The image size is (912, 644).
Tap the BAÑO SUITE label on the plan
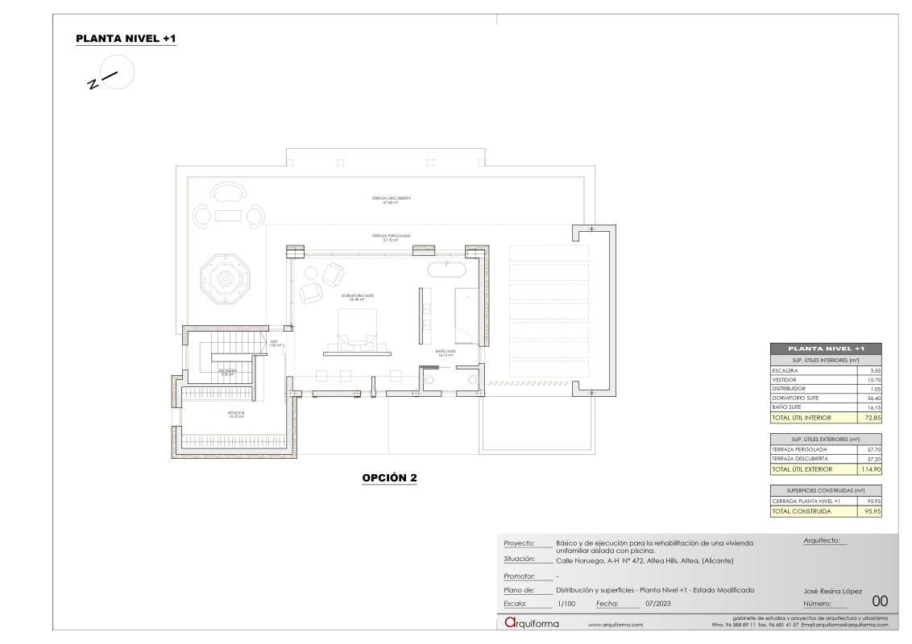[x=446, y=352]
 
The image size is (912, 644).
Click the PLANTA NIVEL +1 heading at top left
[x=125, y=39]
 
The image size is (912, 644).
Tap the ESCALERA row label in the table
[x=785, y=370]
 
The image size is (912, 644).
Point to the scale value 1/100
[x=566, y=603]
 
